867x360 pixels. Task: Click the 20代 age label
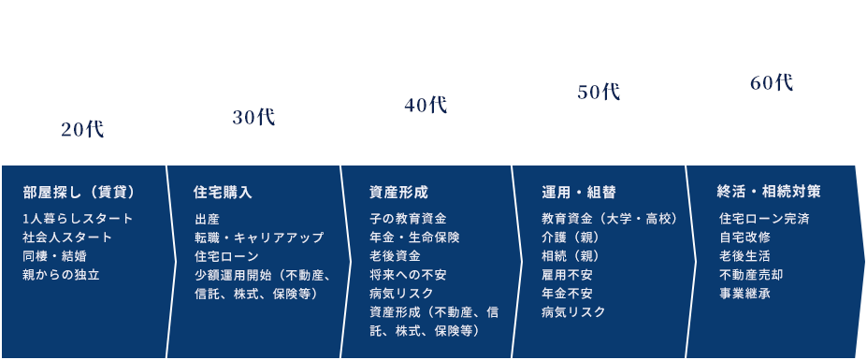(82, 130)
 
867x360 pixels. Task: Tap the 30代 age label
(253, 117)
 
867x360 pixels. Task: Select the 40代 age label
(426, 105)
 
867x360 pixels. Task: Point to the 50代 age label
(599, 93)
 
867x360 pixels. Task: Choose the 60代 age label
(772, 82)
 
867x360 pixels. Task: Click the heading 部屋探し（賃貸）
(79, 193)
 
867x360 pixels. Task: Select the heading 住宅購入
(223, 193)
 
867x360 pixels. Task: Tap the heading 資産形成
(398, 193)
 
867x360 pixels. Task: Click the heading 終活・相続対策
(769, 192)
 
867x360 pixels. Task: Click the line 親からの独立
(61, 275)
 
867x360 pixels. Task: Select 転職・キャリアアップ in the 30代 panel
(259, 238)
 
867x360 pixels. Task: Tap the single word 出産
(208, 219)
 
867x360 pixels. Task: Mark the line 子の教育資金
(408, 219)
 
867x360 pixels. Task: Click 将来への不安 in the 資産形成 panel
(408, 275)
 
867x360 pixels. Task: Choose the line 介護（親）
(569, 238)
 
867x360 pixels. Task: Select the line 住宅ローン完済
(764, 219)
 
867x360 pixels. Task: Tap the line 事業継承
(744, 294)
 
